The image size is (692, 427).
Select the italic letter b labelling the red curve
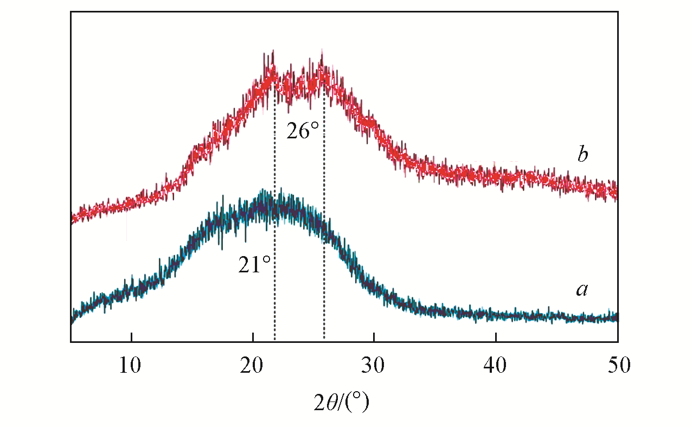pyautogui.click(x=582, y=156)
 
